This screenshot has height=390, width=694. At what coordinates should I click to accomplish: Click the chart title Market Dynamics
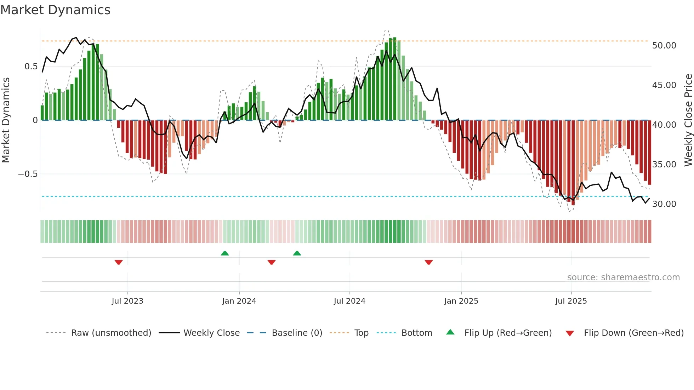55,10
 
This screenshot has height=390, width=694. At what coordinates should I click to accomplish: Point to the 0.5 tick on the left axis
31,67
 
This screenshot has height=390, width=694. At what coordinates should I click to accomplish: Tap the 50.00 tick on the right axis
664,46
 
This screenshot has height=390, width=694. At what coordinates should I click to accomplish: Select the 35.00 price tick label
664,165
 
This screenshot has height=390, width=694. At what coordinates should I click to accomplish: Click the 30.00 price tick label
664,204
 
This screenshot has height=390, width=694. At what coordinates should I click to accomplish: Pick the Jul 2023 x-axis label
127,301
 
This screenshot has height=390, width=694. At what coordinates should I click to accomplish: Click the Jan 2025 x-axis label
461,301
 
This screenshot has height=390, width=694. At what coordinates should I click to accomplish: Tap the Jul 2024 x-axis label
349,301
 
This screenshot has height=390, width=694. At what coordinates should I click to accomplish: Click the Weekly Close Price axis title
688,120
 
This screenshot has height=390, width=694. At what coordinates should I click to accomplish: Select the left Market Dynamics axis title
6,120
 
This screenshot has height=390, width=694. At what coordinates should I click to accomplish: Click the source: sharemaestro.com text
623,277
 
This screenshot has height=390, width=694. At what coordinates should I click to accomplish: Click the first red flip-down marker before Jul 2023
119,262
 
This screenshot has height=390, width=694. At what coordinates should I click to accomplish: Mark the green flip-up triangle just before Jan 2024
225,253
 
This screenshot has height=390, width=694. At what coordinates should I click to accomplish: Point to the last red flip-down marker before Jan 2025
429,262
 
